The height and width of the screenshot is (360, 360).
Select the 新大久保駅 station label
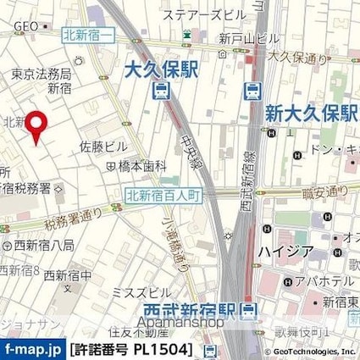point(307,113)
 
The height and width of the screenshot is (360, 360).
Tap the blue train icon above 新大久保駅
point(252,91)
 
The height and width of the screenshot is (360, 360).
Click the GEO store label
point(25,26)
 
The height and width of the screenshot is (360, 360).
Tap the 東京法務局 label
point(40,74)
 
